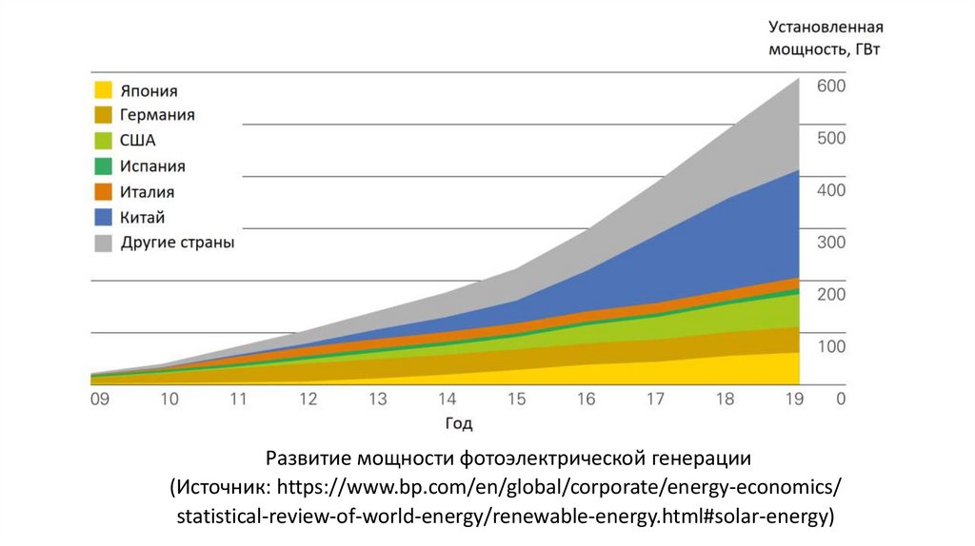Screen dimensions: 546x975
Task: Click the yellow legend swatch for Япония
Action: tap(103, 90)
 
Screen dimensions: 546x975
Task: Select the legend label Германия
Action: tap(157, 115)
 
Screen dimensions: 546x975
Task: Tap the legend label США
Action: tap(138, 141)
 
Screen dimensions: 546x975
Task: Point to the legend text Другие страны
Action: tap(177, 243)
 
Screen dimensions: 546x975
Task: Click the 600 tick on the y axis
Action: tap(831, 86)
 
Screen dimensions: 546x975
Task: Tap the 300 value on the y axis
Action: tap(831, 243)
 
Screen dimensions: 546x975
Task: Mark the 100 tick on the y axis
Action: tap(831, 346)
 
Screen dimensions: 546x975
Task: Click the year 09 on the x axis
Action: tap(99, 400)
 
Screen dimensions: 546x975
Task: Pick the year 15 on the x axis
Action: tap(517, 400)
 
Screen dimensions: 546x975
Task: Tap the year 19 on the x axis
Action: tap(795, 400)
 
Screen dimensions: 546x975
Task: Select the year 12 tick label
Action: tap(308, 400)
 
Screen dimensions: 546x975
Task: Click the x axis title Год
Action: tap(458, 423)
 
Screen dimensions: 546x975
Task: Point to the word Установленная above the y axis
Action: tap(826, 26)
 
